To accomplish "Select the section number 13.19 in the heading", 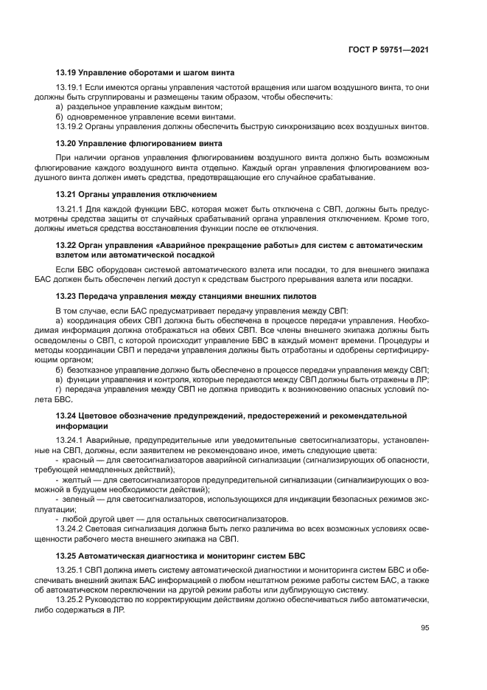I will pyautogui.click(x=66, y=72).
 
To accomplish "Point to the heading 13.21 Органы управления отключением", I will pyautogui.click(x=136, y=194).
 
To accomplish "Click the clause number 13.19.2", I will pyautogui.click(x=69, y=126).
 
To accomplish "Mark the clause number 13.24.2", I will pyautogui.click(x=69, y=530).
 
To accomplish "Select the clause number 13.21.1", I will pyautogui.click(x=69, y=210).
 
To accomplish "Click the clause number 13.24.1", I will pyautogui.click(x=69, y=440).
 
